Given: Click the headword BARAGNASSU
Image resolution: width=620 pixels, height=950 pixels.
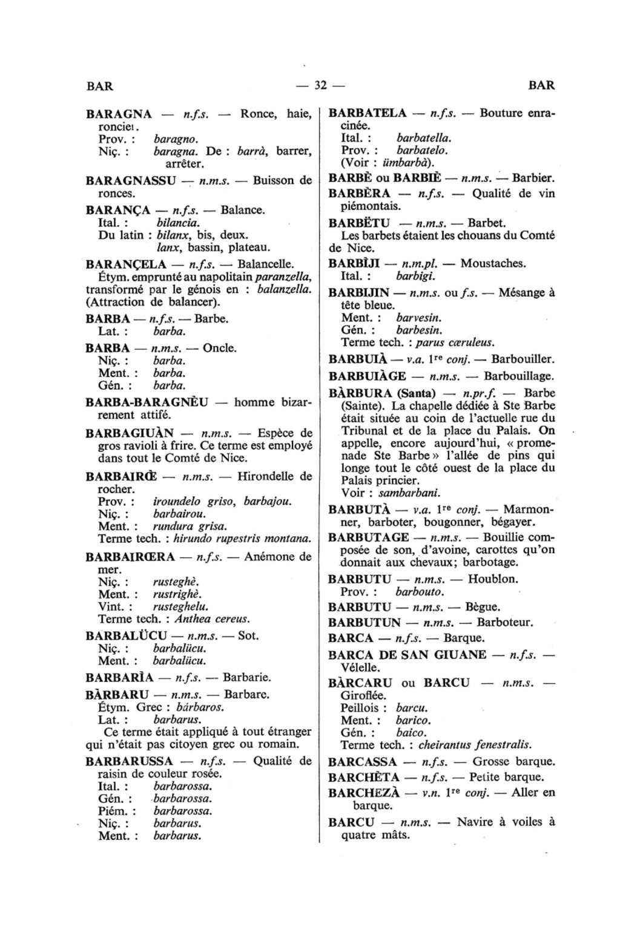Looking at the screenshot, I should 131,180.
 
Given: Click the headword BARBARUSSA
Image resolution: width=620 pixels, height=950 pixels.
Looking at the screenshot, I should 130,761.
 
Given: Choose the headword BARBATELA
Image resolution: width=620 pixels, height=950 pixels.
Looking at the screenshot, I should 368,113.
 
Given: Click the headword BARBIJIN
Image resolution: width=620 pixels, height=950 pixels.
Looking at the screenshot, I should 359,293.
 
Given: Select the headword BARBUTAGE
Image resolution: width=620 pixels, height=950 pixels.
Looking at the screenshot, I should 368,537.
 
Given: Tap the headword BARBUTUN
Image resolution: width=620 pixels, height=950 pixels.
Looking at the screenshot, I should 364,622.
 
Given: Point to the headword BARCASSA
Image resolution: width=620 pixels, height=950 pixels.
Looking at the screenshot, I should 363,762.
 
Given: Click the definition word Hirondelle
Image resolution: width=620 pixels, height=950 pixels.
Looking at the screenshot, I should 266,476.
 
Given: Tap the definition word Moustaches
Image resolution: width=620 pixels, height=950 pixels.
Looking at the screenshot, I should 493,264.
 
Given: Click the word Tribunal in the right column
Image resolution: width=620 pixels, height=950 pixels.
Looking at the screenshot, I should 367,431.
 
